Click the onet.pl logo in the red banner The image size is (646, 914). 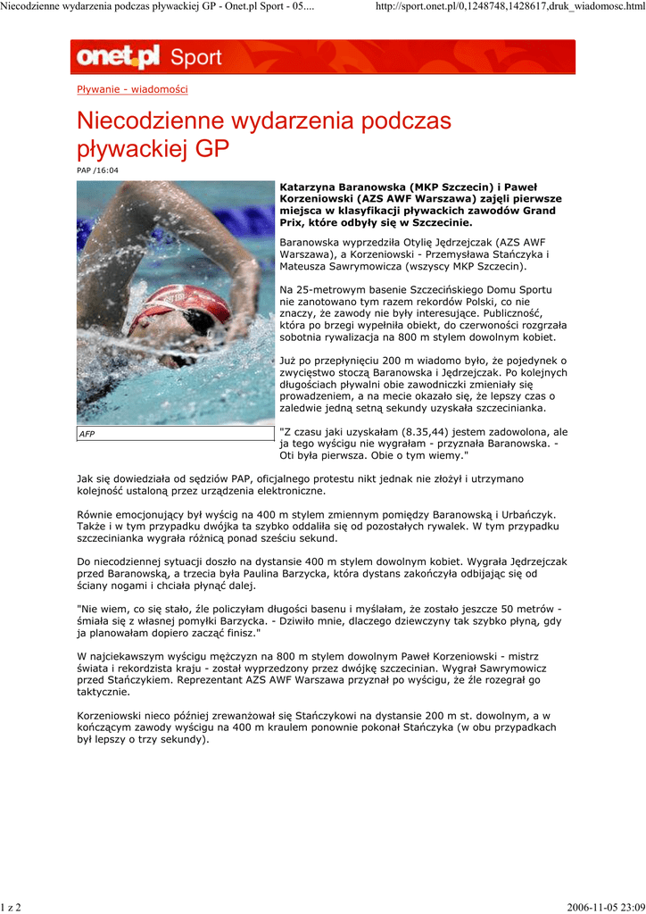pyautogui.click(x=118, y=57)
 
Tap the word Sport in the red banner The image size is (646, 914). pyautogui.click(x=195, y=58)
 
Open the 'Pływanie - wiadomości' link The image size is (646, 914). pyautogui.click(x=132, y=89)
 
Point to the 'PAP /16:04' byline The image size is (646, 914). pyautogui.click(x=97, y=170)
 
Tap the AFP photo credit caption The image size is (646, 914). pyautogui.click(x=87, y=434)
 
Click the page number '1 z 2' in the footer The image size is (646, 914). pyautogui.click(x=12, y=907)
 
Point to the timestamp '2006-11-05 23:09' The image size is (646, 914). pyautogui.click(x=604, y=907)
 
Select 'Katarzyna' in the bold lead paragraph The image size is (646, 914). pyautogui.click(x=309, y=186)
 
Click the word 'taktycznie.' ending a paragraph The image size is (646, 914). pyautogui.click(x=104, y=692)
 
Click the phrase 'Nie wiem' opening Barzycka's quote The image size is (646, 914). pyautogui.click(x=104, y=609)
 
